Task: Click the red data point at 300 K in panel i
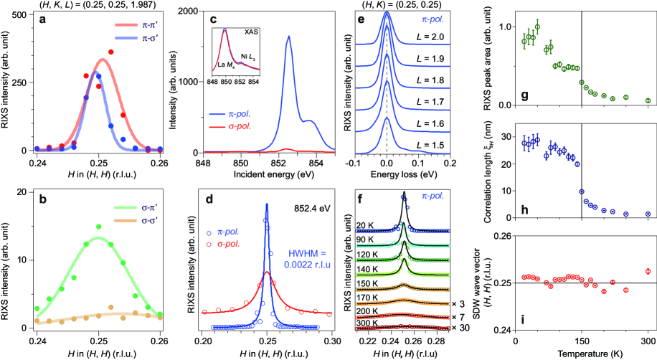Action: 648,271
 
